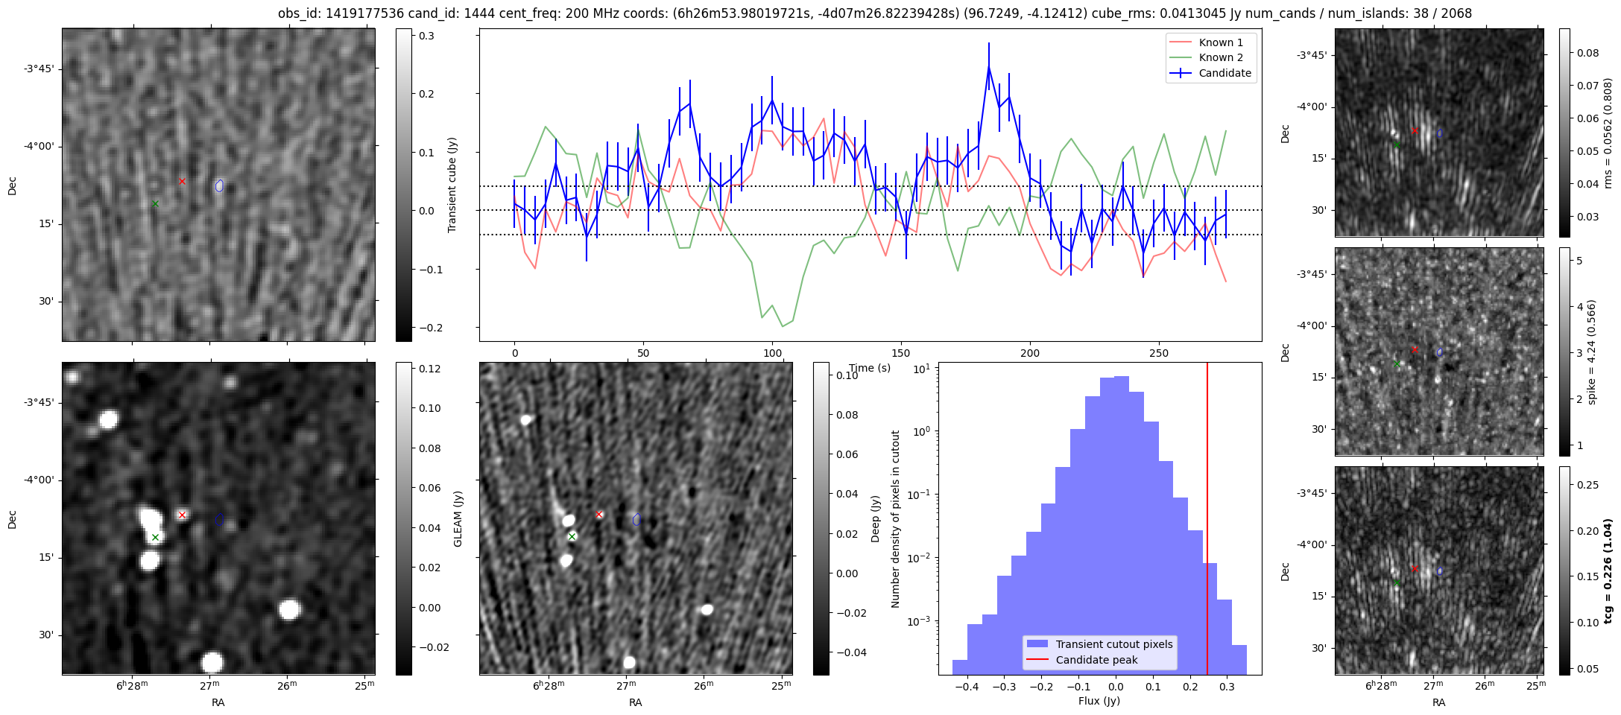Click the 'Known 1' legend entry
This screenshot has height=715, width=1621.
[1220, 42]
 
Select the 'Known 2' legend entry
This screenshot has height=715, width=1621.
[1220, 57]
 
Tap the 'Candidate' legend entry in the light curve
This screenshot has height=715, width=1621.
[1225, 73]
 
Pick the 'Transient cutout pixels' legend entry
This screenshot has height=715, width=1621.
[1113, 644]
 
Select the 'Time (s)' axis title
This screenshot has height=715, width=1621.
[870, 368]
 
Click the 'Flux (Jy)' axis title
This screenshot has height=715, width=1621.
[1099, 701]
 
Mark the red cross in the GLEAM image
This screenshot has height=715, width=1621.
[182, 515]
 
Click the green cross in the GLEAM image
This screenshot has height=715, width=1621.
[155, 537]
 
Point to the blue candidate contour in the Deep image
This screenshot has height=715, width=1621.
[636, 519]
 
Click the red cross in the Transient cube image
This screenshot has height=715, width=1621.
[182, 181]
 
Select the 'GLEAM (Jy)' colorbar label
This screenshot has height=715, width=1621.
[458, 518]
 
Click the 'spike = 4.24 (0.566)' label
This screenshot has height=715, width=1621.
[1592, 352]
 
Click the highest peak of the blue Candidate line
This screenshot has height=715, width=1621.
[989, 66]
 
